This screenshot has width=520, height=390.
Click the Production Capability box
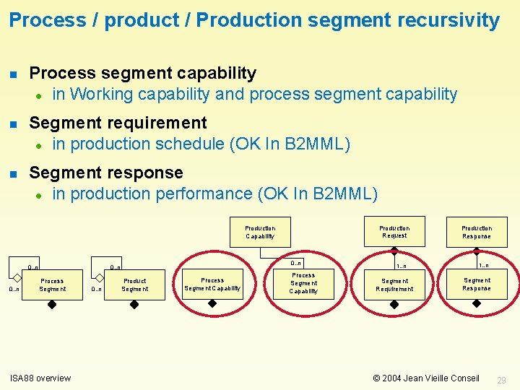(260, 232)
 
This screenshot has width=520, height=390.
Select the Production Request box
(394, 231)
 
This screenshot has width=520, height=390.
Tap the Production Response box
(477, 232)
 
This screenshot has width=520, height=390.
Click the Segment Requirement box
(394, 285)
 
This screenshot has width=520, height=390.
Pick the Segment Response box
(477, 285)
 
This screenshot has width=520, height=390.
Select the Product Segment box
(134, 285)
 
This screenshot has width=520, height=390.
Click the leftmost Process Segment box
(52, 285)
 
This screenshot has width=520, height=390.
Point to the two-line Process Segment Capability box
(212, 285)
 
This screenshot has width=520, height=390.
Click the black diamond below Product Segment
(134, 305)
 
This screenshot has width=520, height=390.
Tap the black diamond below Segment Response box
(477, 305)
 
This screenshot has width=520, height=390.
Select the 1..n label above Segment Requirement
(401, 266)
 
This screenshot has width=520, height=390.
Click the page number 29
(502, 380)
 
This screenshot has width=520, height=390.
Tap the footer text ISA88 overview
(40, 378)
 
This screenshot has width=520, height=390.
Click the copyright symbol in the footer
(376, 378)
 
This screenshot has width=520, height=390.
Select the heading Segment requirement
(118, 123)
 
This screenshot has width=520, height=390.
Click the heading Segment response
(106, 173)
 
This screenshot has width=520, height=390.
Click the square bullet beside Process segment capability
(12, 74)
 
